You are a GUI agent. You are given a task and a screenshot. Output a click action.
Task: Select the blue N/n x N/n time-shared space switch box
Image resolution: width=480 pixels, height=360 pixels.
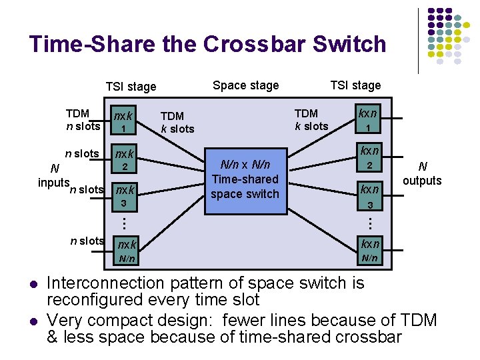pyautogui.click(x=245, y=179)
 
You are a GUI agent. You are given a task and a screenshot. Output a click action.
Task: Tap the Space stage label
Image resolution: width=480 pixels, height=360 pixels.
pyautogui.click(x=245, y=85)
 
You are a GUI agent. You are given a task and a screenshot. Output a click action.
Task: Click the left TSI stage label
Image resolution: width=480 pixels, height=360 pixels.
pyautogui.click(x=131, y=86)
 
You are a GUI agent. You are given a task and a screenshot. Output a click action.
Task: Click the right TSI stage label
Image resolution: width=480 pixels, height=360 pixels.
pyautogui.click(x=355, y=85)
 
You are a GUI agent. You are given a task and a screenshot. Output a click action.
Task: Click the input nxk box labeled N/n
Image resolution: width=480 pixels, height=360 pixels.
pyautogui.click(x=126, y=251)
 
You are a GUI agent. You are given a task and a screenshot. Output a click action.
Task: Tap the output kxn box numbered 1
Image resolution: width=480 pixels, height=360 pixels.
pyautogui.click(x=369, y=119)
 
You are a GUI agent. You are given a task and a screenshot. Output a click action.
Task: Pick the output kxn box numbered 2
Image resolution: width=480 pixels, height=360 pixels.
pyautogui.click(x=369, y=158)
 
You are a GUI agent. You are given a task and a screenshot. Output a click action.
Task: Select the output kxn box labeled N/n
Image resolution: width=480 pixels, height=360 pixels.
pyautogui.click(x=369, y=251)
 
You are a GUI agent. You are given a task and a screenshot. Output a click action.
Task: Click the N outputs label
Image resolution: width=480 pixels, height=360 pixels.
pyautogui.click(x=422, y=174)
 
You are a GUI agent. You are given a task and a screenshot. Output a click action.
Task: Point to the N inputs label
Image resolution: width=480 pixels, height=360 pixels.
pyautogui.click(x=53, y=175)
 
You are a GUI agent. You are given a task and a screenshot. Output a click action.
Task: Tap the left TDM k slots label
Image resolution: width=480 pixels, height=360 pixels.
pyautogui.click(x=177, y=123)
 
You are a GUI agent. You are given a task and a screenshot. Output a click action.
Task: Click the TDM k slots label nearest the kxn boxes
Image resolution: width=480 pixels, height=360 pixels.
pyautogui.click(x=311, y=120)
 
